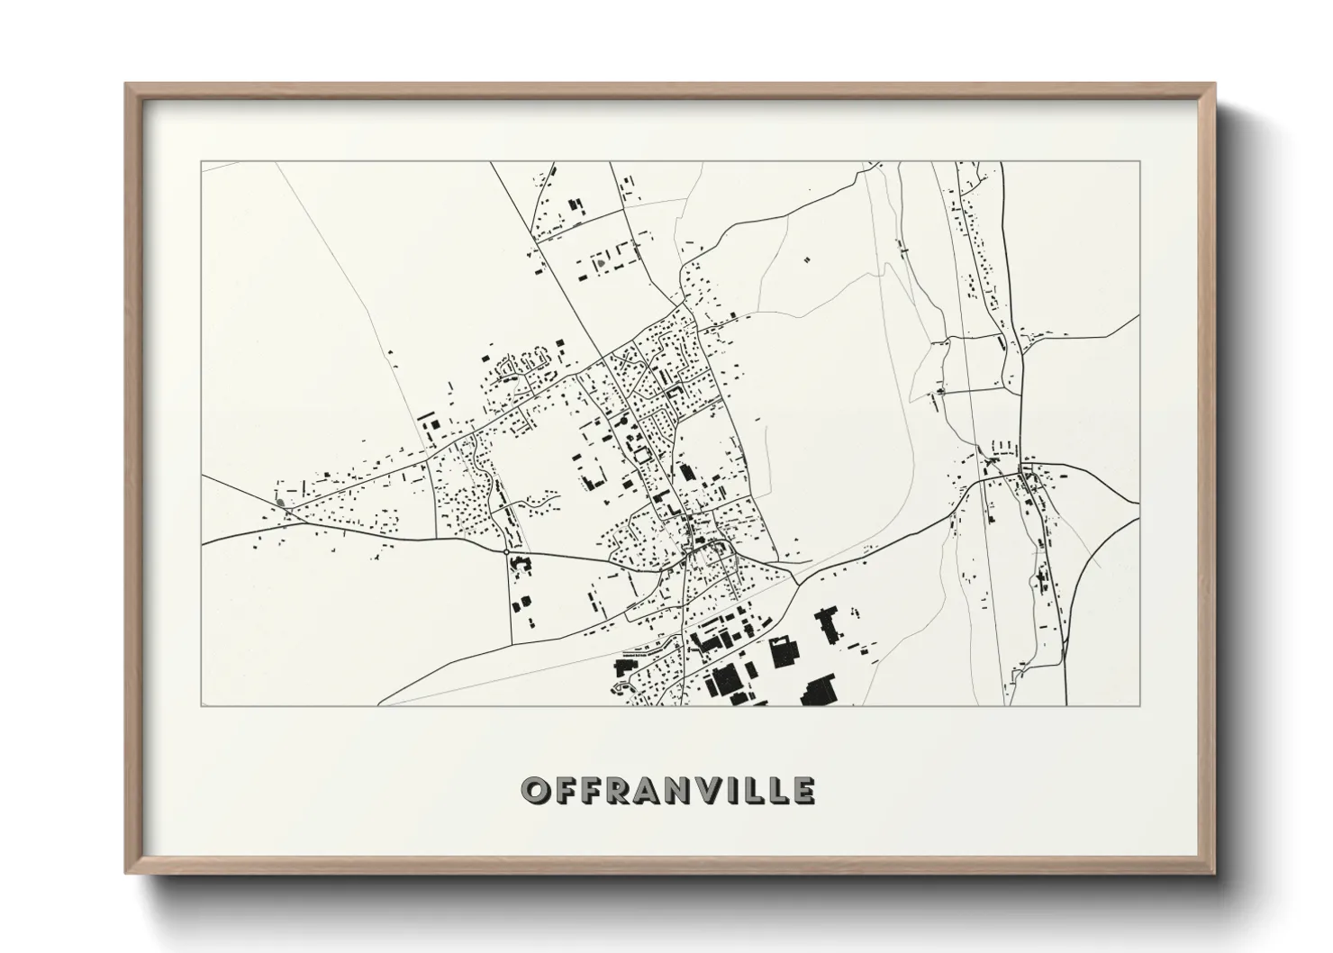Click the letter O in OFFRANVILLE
pyautogui.click(x=537, y=791)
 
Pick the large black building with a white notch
pyautogui.click(x=784, y=652)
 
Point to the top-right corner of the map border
pyautogui.click(x=1140, y=162)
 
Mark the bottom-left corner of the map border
pyautogui.click(x=201, y=705)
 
